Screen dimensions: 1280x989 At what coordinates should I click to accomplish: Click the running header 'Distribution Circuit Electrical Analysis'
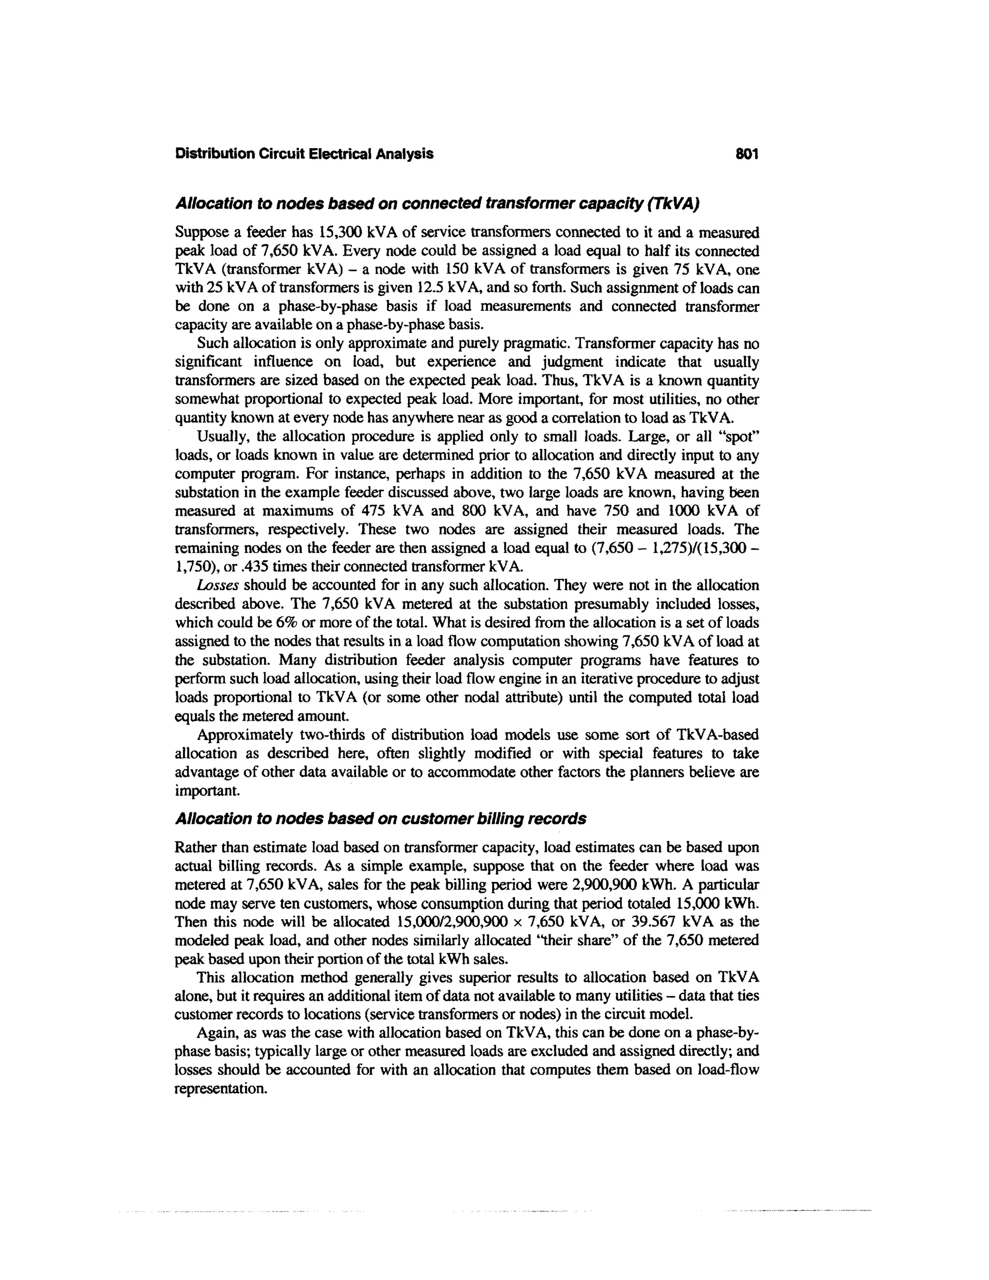[304, 154]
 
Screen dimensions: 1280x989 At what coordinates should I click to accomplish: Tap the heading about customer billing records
[380, 818]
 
